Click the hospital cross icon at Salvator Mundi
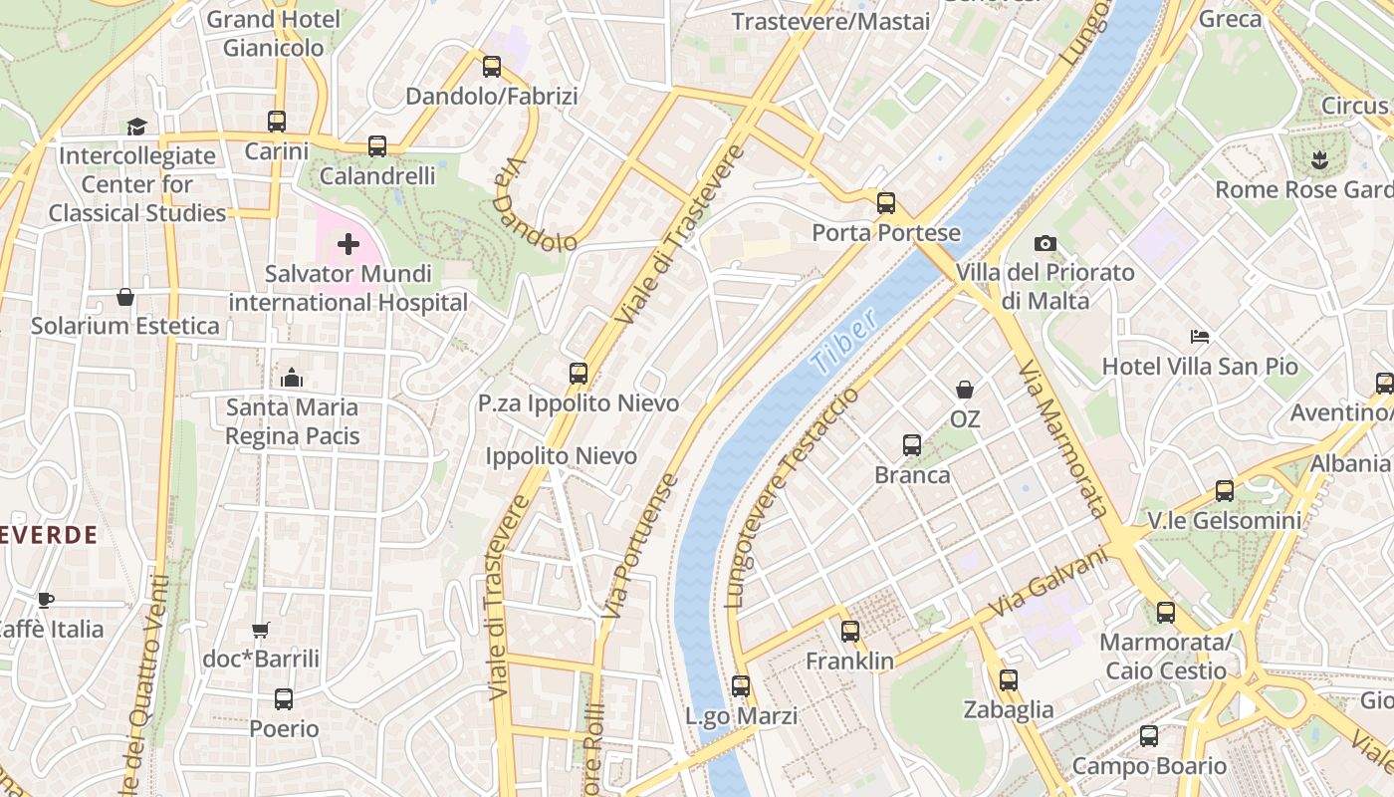point(348,244)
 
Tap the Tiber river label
point(844,342)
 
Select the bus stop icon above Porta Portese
point(885,203)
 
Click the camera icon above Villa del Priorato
point(1045,243)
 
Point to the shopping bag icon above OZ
point(964,389)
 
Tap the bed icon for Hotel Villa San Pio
point(1200,337)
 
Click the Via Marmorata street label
point(1062,438)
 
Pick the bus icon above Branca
point(911,445)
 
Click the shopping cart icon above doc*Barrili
point(261,630)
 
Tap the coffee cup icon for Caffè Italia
point(45,599)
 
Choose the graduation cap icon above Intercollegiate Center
point(136,127)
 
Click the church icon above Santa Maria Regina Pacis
point(292,378)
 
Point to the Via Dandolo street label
point(534,207)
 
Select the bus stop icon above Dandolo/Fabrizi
point(491,67)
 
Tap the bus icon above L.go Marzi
point(740,685)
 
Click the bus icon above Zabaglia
point(1008,679)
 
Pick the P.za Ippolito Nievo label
point(579,403)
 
